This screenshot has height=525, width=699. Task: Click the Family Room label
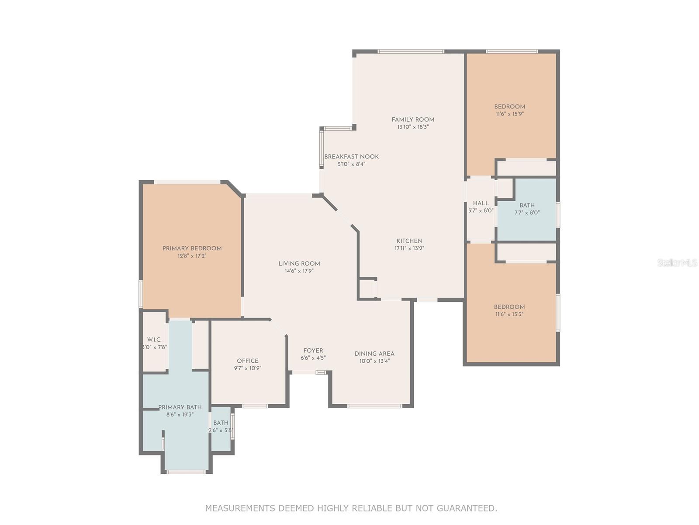(413, 119)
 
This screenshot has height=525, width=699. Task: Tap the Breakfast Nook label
(351, 157)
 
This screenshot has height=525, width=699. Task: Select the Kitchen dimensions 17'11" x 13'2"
(409, 248)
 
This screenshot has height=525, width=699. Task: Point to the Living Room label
(299, 264)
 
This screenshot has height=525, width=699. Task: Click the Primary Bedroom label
(192, 248)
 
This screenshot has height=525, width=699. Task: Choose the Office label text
(247, 360)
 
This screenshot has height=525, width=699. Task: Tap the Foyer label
(313, 350)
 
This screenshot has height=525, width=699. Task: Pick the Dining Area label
(374, 353)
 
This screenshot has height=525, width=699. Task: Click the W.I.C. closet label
(154, 339)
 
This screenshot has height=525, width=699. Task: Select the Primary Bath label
(180, 407)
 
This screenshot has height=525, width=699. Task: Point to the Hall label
(481, 203)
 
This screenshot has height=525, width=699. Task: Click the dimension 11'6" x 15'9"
(509, 114)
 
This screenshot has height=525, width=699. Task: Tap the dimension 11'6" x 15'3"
(509, 314)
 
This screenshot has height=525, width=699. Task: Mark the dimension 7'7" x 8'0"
(527, 213)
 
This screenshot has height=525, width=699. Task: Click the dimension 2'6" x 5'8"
(221, 430)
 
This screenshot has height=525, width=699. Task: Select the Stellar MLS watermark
(677, 262)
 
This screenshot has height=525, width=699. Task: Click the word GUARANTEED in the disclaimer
(467, 508)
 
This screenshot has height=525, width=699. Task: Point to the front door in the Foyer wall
(320, 372)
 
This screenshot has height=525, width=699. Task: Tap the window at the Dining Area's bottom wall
(374, 406)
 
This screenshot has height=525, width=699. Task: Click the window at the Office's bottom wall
(255, 406)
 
